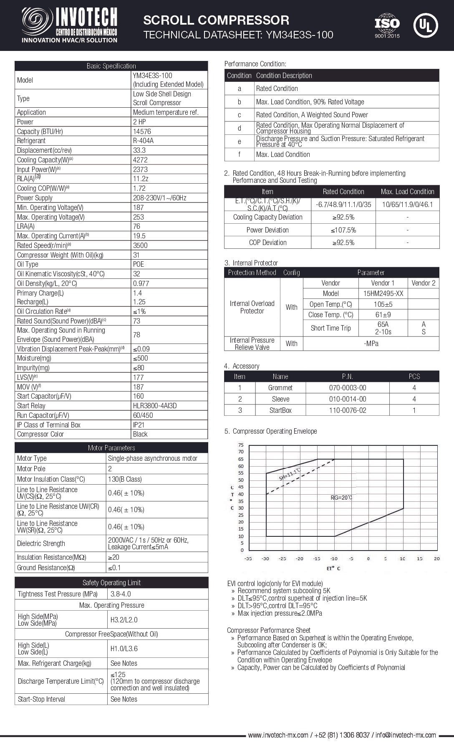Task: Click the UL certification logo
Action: pos(425,25)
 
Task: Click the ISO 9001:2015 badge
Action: pos(387,26)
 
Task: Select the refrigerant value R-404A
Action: pos(143,141)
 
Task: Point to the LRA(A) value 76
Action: pos(137,226)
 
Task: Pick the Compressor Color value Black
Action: pos(140,434)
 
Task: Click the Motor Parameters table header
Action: pos(111,448)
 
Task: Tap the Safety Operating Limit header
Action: pos(111,583)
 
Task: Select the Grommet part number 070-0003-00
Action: pos(347,388)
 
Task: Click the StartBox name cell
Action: pos(280,410)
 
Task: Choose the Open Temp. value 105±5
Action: pos(383,304)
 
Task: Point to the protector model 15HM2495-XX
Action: pos(383,293)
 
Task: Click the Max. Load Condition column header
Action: pos(407,192)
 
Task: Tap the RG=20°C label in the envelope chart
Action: pos(342,498)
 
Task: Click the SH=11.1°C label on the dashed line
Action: pos(290,475)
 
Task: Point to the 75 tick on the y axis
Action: pos(241,445)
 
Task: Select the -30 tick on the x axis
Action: pos(265,558)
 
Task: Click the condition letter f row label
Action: pos(239,154)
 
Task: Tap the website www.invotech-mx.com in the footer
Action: pos(278,735)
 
